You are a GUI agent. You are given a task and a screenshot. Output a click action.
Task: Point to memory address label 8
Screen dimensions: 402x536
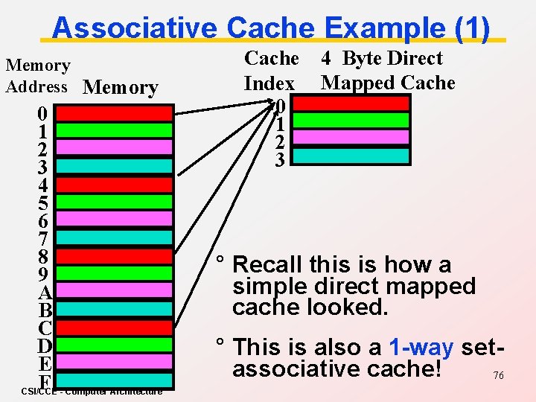tap(44, 257)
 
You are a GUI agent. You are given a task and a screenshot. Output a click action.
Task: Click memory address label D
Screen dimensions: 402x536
tap(44, 346)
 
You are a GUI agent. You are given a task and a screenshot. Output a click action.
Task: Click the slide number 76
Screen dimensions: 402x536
tap(498, 376)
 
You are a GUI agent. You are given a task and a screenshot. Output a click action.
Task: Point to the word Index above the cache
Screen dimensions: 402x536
tap(269, 83)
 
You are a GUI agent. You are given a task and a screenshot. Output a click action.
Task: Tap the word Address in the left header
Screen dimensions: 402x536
tap(37, 86)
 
